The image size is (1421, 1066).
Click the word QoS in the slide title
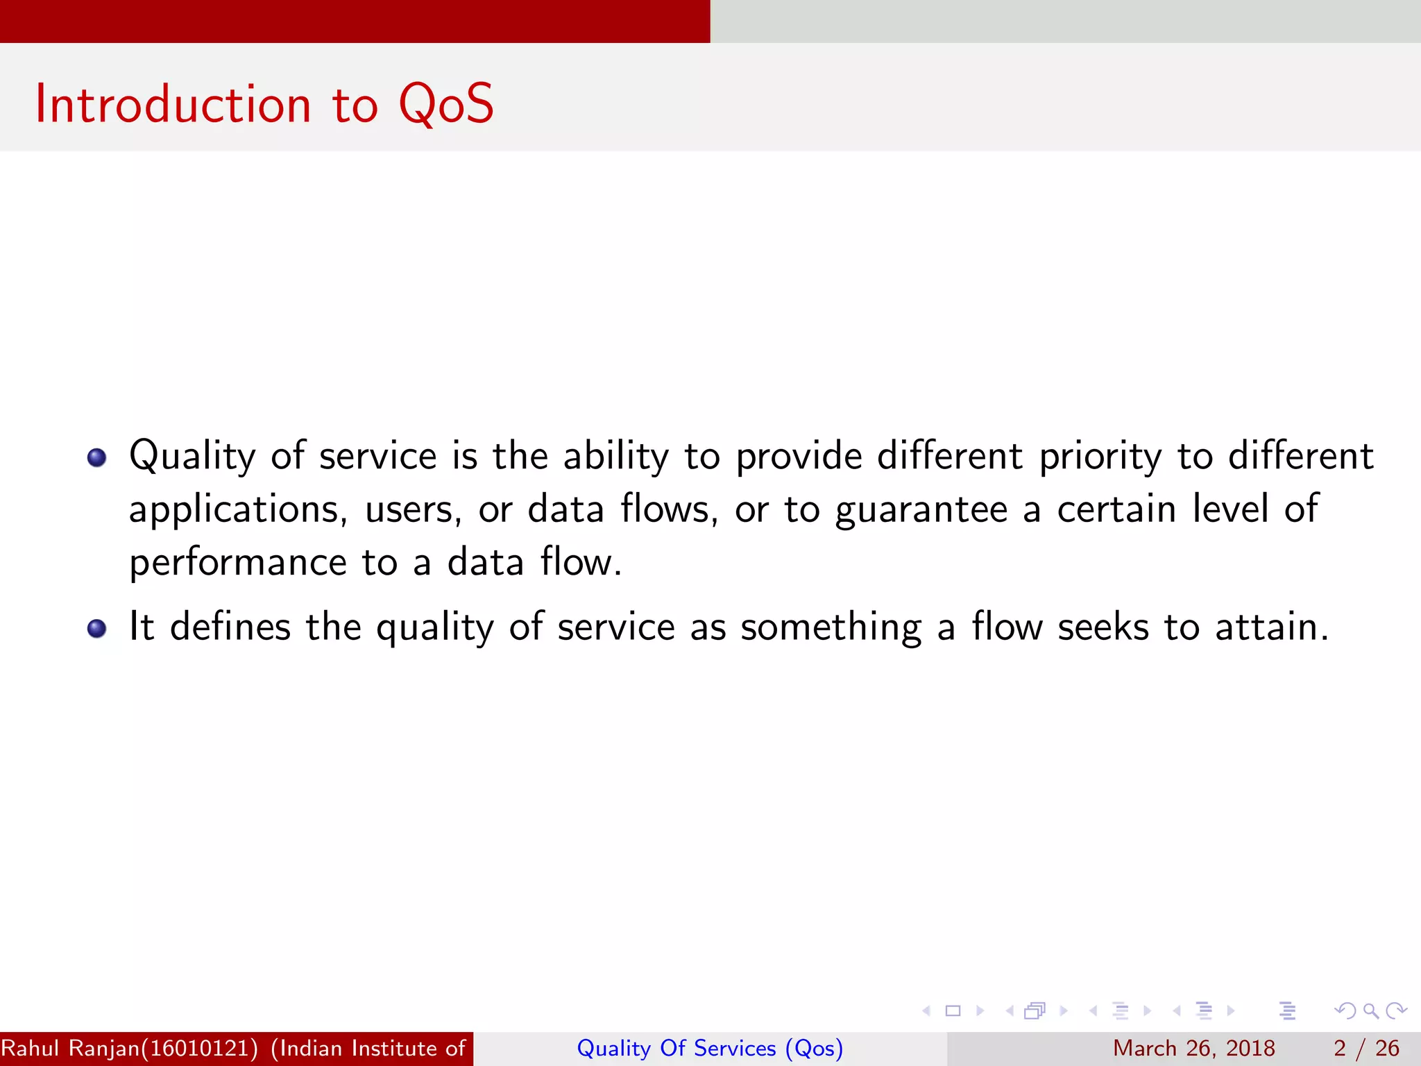tap(445, 104)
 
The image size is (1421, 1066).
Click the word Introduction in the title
tap(173, 104)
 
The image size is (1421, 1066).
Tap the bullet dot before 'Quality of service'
tap(96, 457)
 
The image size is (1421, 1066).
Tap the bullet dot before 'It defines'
tap(96, 628)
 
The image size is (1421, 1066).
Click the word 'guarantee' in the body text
tap(921, 511)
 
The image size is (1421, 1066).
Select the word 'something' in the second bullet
tap(831, 628)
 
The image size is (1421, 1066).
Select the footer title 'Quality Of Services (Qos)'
tap(710, 1049)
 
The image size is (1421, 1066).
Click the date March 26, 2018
tap(1193, 1049)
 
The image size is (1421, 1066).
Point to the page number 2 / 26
tap(1365, 1049)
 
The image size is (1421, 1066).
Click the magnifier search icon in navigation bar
tap(1370, 1011)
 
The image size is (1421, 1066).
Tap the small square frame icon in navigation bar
tap(953, 1011)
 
